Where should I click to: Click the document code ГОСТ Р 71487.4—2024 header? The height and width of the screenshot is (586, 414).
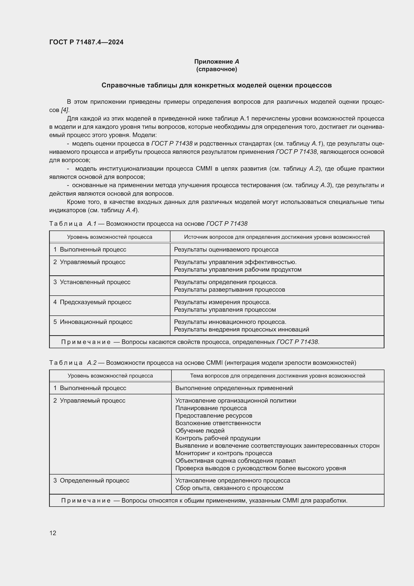point(86,42)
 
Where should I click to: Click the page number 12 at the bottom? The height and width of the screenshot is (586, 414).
point(53,533)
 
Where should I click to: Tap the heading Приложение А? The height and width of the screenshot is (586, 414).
point(217,62)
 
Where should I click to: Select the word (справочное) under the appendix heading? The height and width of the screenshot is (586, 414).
point(217,69)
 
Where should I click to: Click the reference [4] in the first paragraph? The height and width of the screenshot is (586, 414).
point(65,110)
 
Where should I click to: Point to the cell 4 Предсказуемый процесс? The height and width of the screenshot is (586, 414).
point(92,302)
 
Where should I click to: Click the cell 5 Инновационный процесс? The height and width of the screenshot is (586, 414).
point(93,322)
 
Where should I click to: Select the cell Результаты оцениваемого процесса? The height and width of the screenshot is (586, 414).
point(226,250)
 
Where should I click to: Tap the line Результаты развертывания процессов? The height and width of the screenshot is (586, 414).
point(230,290)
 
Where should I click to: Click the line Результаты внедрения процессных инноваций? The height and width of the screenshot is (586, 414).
point(241,329)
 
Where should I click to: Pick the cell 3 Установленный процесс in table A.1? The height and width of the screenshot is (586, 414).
point(92,282)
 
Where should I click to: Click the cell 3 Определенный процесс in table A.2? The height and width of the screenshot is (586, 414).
point(91,481)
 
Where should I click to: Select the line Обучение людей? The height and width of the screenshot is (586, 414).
point(200,431)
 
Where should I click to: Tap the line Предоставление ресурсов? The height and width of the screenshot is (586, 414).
point(214,416)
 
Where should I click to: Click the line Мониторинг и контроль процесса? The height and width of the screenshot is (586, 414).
point(224,453)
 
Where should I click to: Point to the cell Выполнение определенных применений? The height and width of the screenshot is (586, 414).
point(234,388)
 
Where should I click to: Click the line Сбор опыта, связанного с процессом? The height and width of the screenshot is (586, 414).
point(229,488)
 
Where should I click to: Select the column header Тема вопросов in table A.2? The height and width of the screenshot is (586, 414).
point(277,376)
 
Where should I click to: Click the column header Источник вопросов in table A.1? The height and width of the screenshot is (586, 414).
point(277,237)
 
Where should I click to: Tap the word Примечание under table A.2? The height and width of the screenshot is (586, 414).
point(86,501)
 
